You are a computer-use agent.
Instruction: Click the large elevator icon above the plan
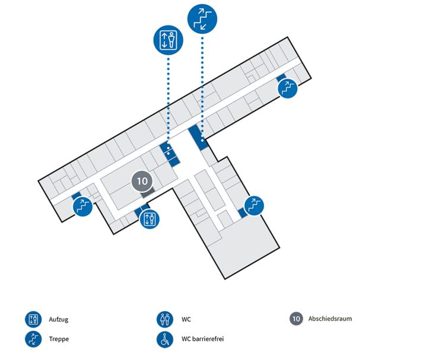[x=168, y=40]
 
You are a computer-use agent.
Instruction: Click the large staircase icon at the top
[x=202, y=19]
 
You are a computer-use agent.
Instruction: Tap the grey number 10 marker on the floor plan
[x=142, y=181]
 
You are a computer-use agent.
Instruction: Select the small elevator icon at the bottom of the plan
[x=150, y=219]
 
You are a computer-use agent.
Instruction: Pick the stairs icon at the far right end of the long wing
[x=288, y=88]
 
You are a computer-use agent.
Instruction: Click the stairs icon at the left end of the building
[x=82, y=206]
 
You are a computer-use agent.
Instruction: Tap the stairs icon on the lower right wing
[x=254, y=205]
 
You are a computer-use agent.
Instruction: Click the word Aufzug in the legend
[x=58, y=320]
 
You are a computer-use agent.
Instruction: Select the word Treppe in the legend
[x=59, y=339]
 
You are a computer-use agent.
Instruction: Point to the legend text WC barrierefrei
[x=202, y=339]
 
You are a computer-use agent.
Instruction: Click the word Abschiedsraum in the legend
[x=330, y=318]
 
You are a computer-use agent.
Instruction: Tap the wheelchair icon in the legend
[x=165, y=339]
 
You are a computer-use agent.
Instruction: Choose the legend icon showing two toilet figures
[x=165, y=320]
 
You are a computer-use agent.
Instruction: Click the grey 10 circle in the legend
[x=296, y=318]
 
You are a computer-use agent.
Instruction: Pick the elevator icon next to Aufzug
[x=33, y=320]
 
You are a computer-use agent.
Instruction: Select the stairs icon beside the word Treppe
[x=33, y=339]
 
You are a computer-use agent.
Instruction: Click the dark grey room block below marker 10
[x=148, y=193]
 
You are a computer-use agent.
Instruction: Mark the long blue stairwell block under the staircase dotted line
[x=198, y=137]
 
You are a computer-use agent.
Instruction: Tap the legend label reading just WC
[x=186, y=320]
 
